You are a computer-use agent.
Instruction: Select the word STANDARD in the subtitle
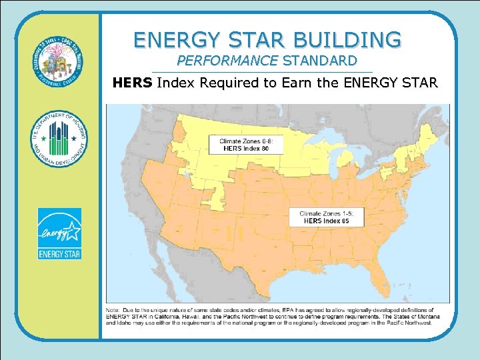320,61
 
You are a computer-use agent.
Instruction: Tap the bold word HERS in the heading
132,83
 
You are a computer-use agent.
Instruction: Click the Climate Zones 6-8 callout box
251,145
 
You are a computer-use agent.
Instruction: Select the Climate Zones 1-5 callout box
327,216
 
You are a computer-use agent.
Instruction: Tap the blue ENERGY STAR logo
59,233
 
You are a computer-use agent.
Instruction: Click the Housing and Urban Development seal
59,139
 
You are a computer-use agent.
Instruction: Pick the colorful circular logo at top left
59,63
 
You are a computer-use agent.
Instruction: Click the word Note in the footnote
114,310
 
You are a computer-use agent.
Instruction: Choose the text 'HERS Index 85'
327,221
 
